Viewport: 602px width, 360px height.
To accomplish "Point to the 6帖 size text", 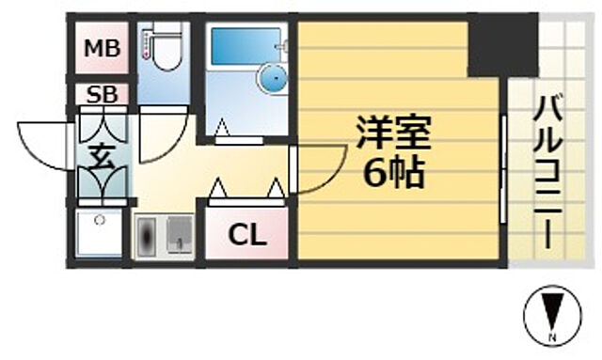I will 392,173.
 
